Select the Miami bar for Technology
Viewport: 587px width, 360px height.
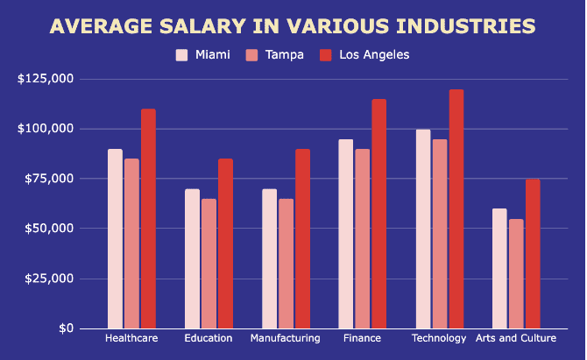point(423,229)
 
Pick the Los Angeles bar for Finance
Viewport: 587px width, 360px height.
point(378,214)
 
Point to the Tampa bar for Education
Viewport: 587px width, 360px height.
point(209,264)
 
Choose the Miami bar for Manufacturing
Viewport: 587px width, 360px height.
point(269,258)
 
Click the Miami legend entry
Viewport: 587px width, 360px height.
point(203,55)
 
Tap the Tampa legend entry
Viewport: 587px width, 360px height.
point(276,55)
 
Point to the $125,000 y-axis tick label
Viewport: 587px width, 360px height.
point(45,79)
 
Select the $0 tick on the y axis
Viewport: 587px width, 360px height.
point(66,328)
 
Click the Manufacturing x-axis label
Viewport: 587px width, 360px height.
point(285,338)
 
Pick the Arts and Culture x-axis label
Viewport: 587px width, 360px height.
point(516,338)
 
